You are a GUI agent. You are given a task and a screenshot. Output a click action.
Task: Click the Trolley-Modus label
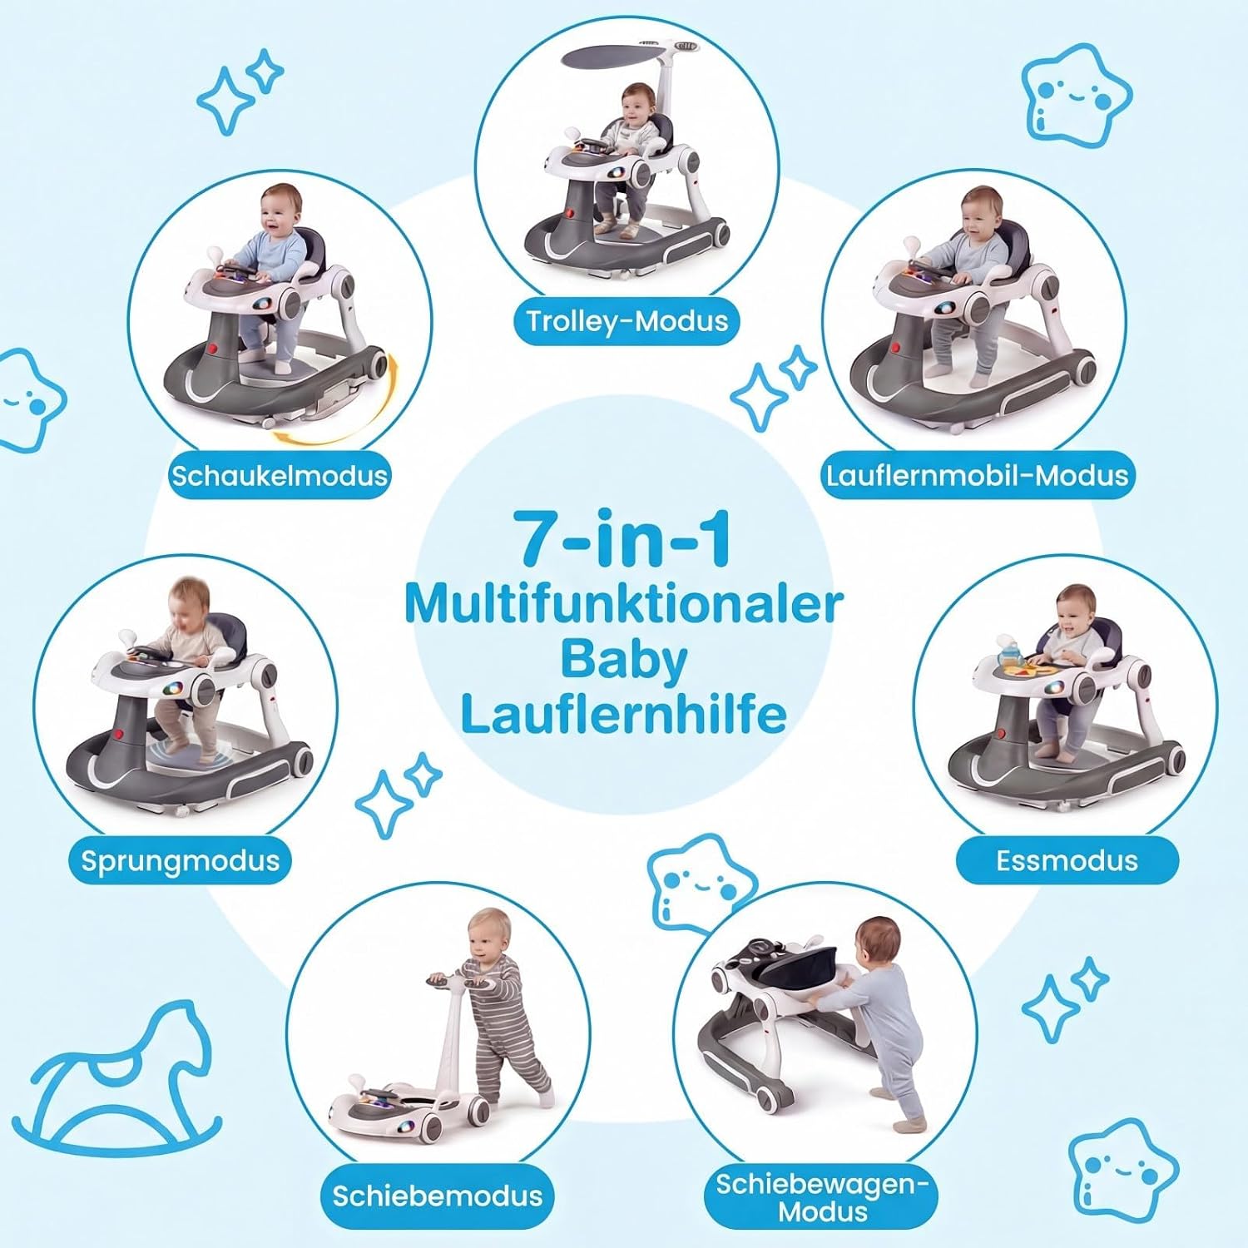(627, 320)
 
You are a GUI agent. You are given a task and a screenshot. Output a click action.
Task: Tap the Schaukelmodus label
(280, 475)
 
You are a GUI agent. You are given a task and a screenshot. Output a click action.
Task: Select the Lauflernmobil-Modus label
(977, 475)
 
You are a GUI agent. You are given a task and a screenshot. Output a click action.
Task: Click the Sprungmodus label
(181, 860)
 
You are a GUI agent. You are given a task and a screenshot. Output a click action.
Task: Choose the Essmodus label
(1067, 860)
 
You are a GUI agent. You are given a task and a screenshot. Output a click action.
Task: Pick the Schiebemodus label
(438, 1196)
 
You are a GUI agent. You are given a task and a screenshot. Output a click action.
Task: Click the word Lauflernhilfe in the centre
(624, 714)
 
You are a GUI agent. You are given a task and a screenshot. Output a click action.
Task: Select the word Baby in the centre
(624, 659)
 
